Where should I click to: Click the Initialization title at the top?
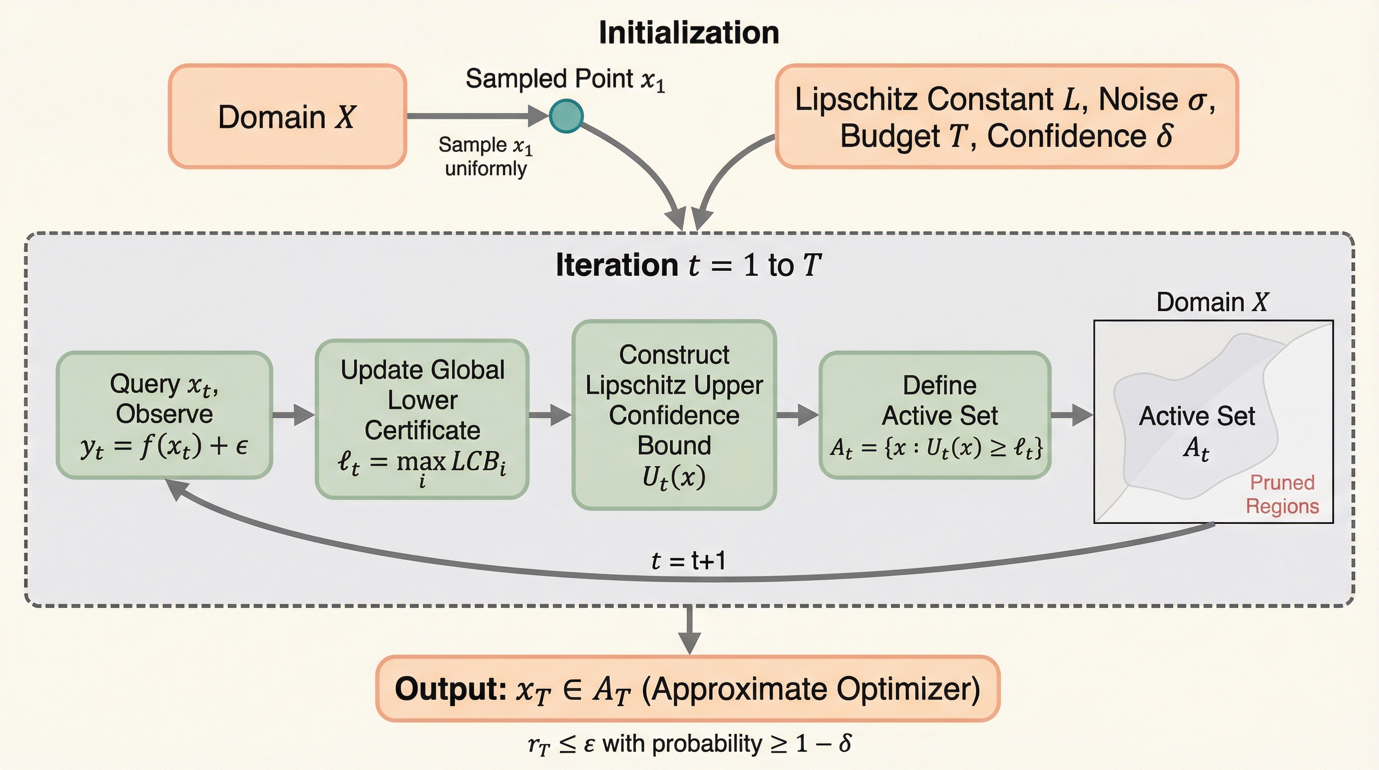688,33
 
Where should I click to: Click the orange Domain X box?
287,116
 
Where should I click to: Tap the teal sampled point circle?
566,116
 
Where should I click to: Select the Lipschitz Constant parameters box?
1006,116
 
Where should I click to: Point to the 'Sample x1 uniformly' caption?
486,156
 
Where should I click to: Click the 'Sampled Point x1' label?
565,79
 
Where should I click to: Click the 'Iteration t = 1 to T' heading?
688,265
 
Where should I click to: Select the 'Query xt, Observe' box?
164,415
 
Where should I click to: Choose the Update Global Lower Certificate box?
422,419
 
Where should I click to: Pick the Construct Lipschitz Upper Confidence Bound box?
674,415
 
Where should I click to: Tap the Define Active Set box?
935,415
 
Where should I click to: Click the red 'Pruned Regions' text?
1282,494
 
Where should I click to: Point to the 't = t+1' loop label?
688,560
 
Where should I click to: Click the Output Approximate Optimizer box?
688,689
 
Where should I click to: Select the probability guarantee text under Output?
689,744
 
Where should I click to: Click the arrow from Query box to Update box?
293,415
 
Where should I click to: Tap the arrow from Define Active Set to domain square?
1072,415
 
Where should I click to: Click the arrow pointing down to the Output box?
689,629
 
